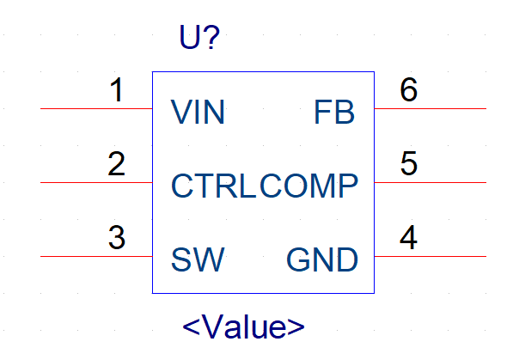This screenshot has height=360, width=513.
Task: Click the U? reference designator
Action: (x=199, y=37)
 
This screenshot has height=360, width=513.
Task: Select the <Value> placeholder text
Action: (x=243, y=326)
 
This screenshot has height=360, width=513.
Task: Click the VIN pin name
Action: (x=198, y=112)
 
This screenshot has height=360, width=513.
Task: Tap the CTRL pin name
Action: (x=213, y=186)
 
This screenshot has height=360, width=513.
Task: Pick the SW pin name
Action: (x=198, y=259)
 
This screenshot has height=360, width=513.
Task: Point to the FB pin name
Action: (x=334, y=112)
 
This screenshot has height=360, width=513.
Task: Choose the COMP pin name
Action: (x=308, y=186)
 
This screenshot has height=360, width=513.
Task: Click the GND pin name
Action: (x=322, y=259)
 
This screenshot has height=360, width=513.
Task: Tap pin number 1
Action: (x=117, y=89)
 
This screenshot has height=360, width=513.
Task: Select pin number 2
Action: (x=117, y=163)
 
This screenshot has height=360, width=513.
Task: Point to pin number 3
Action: (x=117, y=238)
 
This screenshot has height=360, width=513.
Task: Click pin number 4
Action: (x=408, y=237)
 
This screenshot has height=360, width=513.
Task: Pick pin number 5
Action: (x=409, y=163)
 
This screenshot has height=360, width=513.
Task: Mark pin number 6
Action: (x=409, y=89)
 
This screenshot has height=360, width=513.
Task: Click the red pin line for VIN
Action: (x=96, y=108)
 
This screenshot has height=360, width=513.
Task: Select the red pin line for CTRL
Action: (x=96, y=182)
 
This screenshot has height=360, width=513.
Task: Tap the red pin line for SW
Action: (x=96, y=256)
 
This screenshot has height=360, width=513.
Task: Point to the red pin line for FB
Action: (x=431, y=108)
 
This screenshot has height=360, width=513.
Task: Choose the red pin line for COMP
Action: (x=431, y=182)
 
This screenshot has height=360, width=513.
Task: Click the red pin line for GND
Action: (x=431, y=256)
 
